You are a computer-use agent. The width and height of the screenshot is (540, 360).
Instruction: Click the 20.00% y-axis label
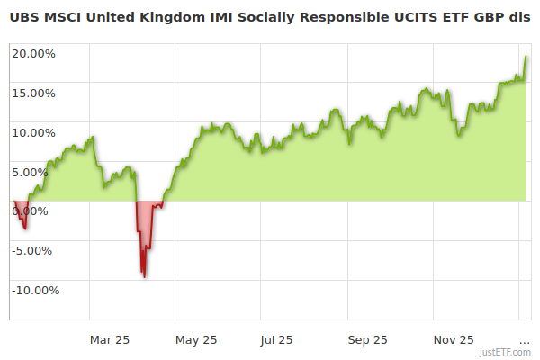click(x=34, y=53)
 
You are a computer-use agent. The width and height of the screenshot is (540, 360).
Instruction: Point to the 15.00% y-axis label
click(x=34, y=93)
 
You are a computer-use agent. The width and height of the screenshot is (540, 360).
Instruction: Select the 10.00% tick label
click(x=34, y=132)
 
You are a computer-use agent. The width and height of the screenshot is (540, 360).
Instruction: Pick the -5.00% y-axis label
click(x=35, y=250)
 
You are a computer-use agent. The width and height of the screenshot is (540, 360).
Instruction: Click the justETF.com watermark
click(x=506, y=352)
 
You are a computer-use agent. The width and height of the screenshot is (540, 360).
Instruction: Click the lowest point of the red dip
click(x=144, y=276)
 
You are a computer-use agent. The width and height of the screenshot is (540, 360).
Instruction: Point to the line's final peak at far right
click(x=526, y=56)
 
